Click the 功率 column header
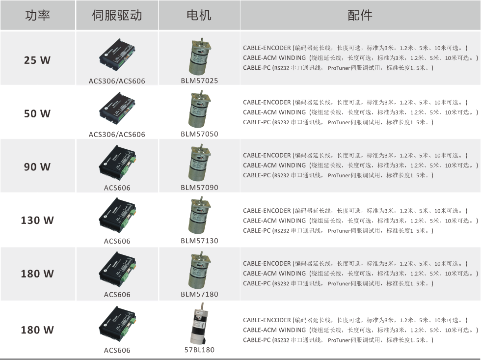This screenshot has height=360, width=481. point(37,15)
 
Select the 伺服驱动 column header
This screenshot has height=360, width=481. point(117,15)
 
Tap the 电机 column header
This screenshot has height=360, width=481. point(199,15)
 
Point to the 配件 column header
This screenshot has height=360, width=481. point(360,15)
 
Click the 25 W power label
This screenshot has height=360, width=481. point(37,60)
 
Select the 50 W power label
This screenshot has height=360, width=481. point(37,113)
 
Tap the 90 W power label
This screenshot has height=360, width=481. point(37,166)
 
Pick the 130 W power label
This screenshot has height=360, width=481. point(37,220)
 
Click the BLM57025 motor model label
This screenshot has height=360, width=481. point(199,81)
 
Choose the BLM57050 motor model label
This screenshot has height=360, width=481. point(199,134)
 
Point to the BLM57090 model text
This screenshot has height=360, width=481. point(199,188)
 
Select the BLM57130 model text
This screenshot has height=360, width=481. point(199,241)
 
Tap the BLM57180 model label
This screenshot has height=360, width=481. point(199,294)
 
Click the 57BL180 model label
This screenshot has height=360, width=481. point(199,350)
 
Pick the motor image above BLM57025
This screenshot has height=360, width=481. point(200,57)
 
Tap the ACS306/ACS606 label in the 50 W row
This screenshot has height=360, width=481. point(117,135)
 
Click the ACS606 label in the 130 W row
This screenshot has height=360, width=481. point(117,241)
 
